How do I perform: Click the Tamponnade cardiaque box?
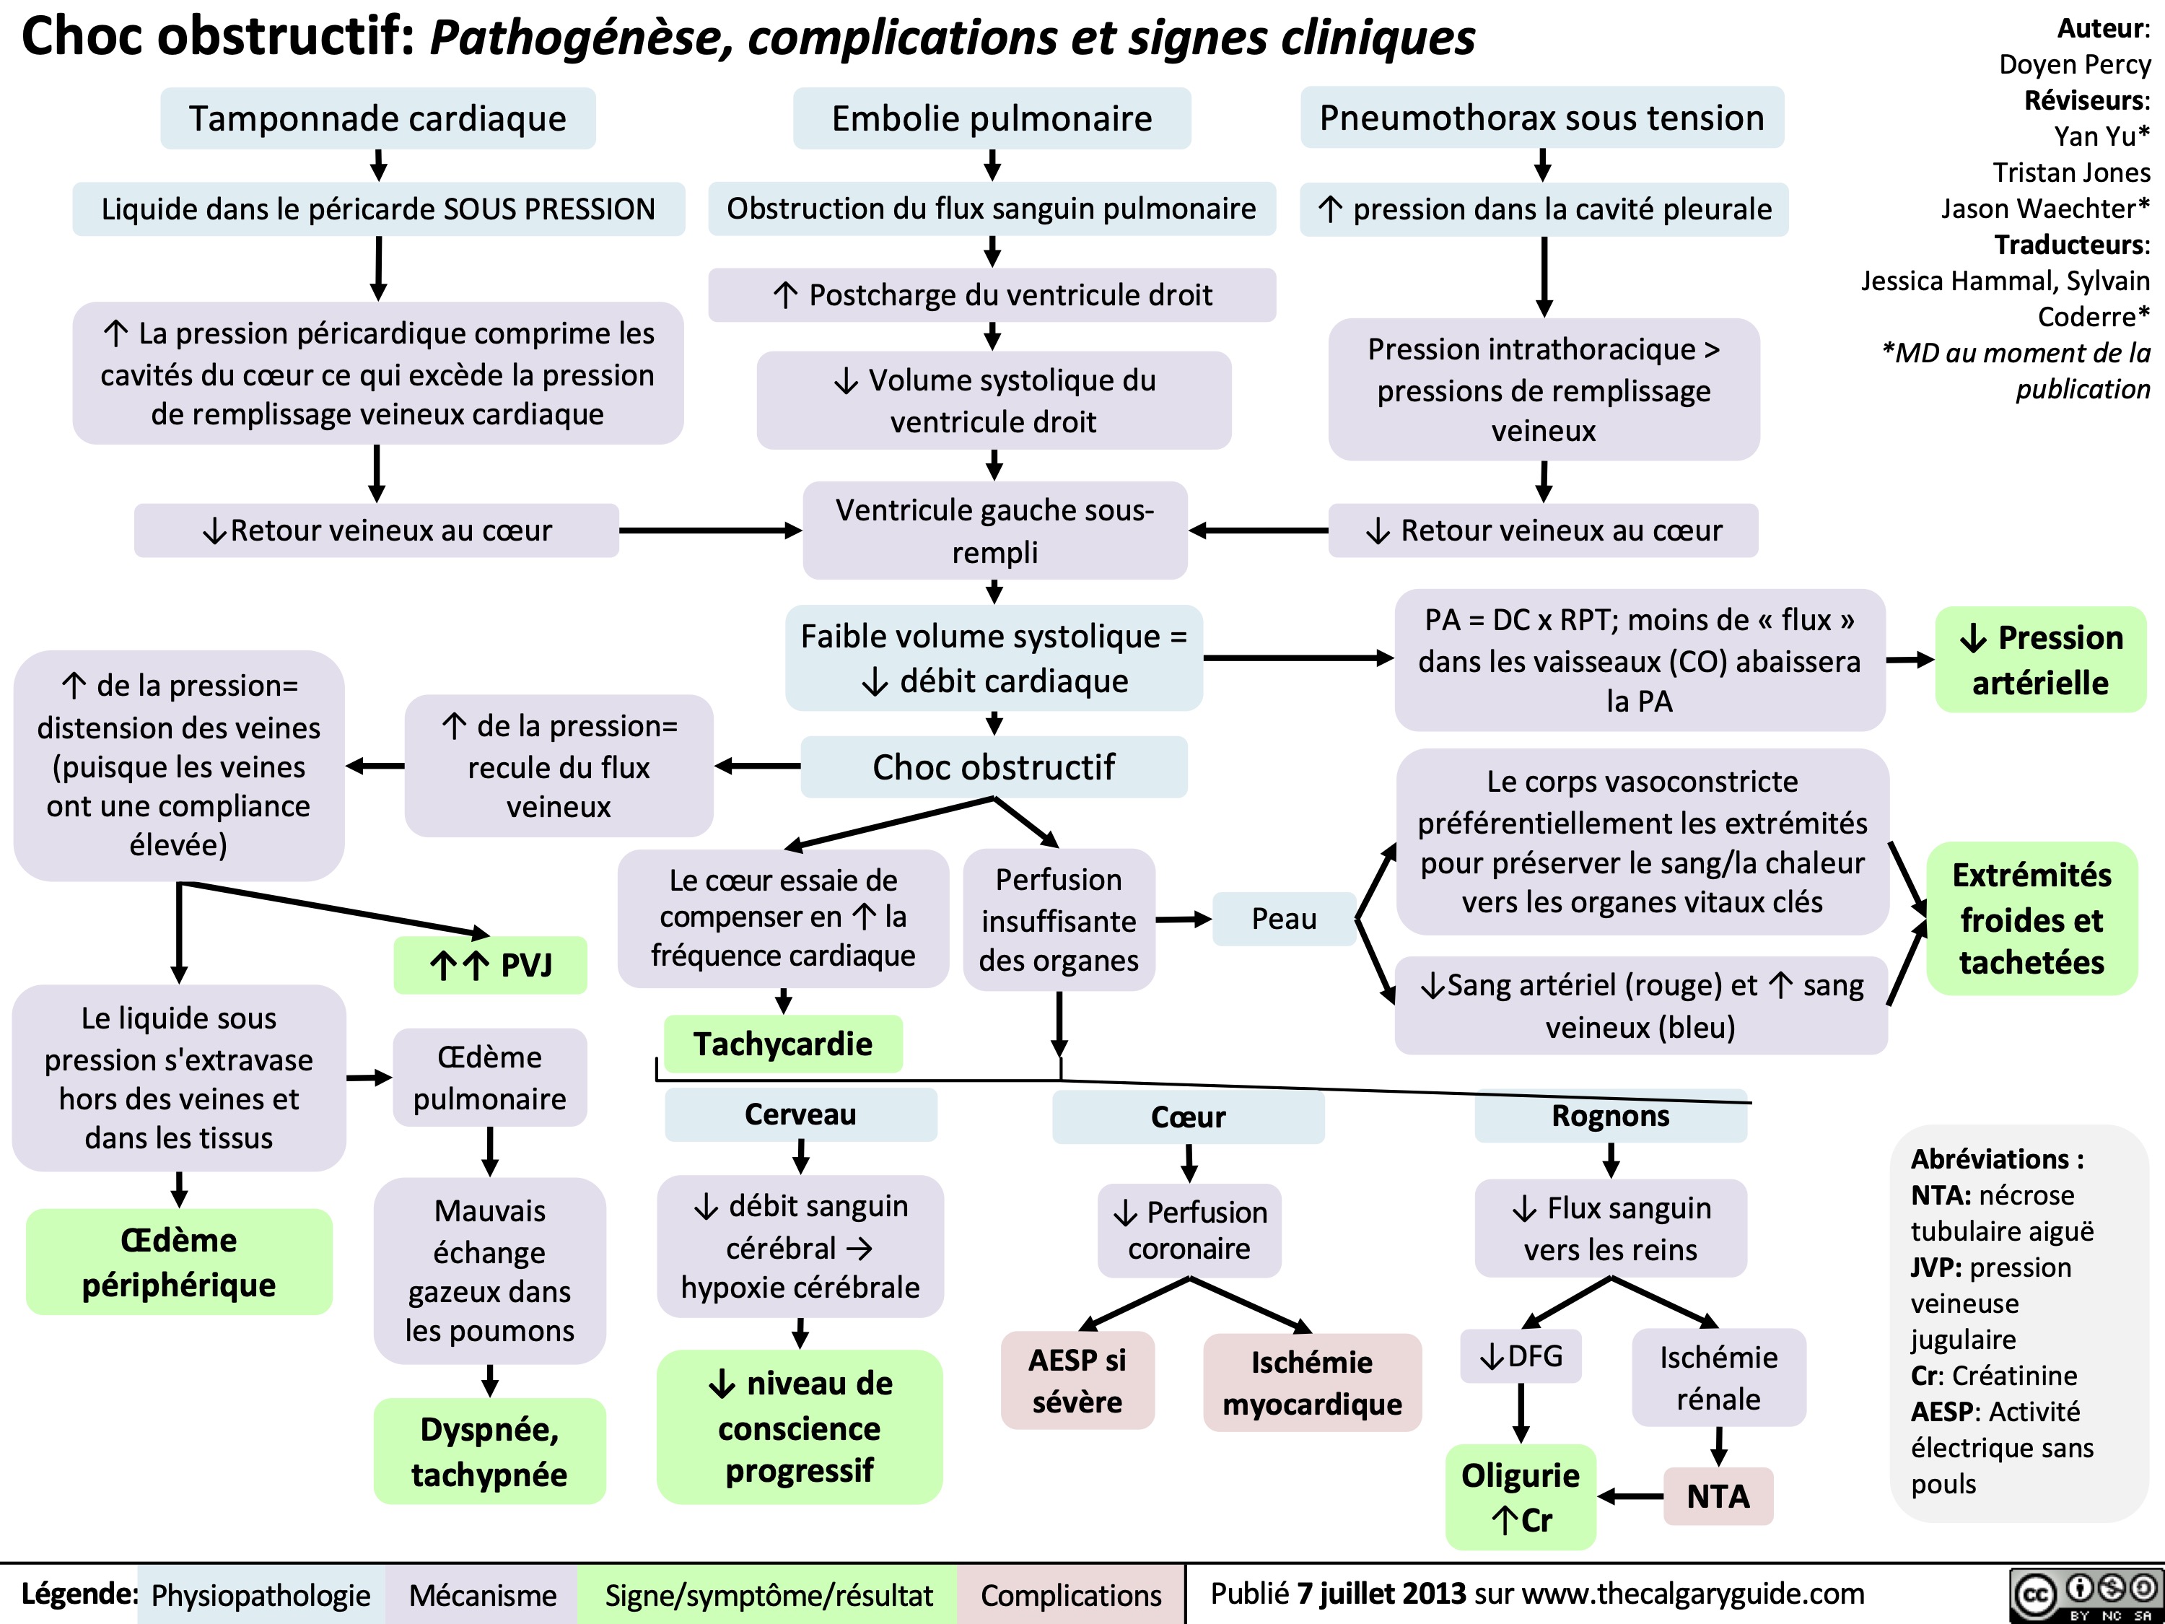pos(378,118)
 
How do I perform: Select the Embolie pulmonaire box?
pos(992,118)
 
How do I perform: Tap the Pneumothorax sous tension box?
pos(1541,118)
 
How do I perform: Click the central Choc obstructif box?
pos(994,767)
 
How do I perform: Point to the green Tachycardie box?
pos(783,1044)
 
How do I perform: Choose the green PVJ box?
pos(490,965)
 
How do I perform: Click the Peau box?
pos(1284,918)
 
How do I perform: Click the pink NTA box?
pos(1718,1496)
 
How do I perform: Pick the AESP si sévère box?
pos(1077,1380)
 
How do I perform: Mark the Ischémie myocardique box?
pos(1311,1382)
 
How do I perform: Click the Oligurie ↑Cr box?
pos(1520,1497)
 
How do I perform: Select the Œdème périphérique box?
pos(179,1262)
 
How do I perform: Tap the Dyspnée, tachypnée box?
pos(489,1451)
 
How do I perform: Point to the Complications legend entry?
pos(1071,1594)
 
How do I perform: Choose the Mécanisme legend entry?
pos(483,1594)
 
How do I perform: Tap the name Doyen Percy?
pos(2074,65)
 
